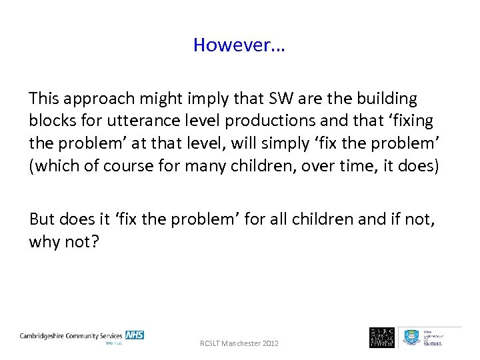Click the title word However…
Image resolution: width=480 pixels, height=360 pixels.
pos(239,45)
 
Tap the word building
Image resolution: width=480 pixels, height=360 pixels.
pos(383,99)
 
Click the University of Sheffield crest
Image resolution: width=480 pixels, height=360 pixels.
pos(410,337)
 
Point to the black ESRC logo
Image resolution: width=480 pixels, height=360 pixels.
pos(381,337)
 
